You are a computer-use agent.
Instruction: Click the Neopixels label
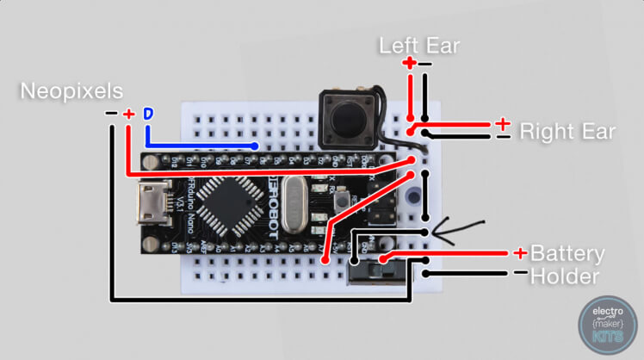coord(71,90)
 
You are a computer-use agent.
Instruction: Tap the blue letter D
coord(147,115)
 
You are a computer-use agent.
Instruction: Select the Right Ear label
coord(567,132)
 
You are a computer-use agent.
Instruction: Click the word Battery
coord(567,254)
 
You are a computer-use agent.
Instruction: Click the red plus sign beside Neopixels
coord(128,115)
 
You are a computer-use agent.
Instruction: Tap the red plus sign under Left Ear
coord(409,64)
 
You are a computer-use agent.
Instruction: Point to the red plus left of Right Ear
coord(502,123)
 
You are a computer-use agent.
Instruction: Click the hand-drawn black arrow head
coord(437,231)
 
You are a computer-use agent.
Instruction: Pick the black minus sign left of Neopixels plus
coord(110,114)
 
